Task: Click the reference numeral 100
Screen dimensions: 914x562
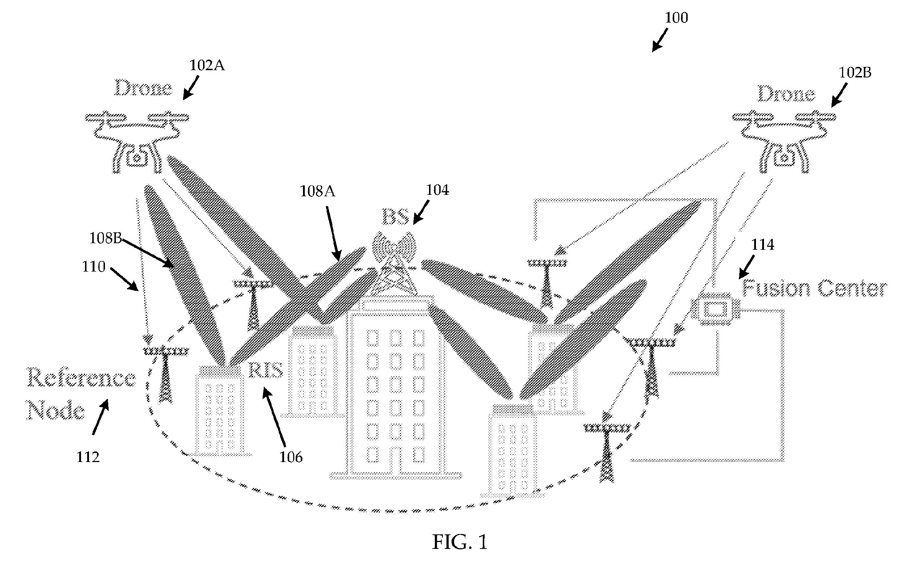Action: [x=676, y=17]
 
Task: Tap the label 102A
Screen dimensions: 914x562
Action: [x=207, y=65]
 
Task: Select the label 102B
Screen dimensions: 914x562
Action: [x=855, y=72]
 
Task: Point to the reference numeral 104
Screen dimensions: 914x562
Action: [x=437, y=190]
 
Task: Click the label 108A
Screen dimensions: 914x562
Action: [x=317, y=192]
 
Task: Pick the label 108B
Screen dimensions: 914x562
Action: [x=106, y=238]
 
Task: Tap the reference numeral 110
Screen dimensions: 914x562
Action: [x=94, y=266]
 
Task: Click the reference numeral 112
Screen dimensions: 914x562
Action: [x=88, y=457]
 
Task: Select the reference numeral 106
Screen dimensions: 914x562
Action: [x=291, y=457]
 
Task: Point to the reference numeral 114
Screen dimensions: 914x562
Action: [x=763, y=245]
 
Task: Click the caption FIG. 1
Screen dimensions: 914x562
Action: [x=460, y=542]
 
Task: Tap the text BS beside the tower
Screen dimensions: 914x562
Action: [x=396, y=217]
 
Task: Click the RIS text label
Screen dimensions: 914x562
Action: [x=266, y=370]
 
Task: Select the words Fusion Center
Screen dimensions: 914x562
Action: [x=814, y=289]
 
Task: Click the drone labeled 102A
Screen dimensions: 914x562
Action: [x=137, y=141]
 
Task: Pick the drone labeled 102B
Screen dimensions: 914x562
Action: [x=784, y=141]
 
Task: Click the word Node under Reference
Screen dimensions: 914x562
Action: [x=56, y=411]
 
